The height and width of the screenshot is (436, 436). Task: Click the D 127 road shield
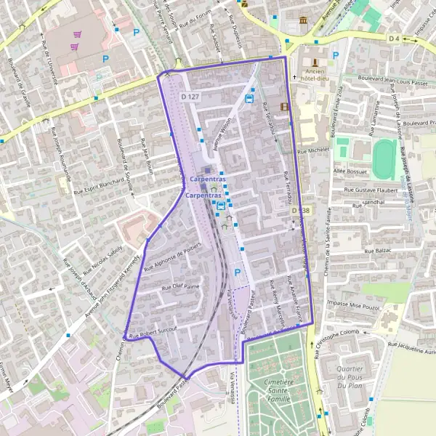pyautogui.click(x=191, y=97)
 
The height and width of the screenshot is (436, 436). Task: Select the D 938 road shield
pyautogui.click(x=301, y=210)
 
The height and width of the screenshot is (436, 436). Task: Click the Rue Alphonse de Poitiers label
pyautogui.click(x=171, y=257)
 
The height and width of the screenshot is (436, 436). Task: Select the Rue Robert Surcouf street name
pyautogui.click(x=153, y=331)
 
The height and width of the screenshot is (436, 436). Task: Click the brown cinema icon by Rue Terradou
pyautogui.click(x=284, y=107)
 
